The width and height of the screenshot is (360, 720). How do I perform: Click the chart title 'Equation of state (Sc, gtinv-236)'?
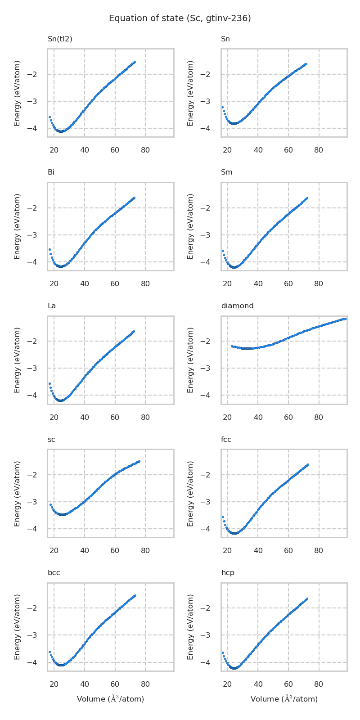[180, 18]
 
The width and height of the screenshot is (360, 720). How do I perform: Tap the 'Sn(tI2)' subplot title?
[60, 39]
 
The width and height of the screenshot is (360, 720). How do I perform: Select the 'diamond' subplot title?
[237, 306]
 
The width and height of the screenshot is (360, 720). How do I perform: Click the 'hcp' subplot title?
[228, 573]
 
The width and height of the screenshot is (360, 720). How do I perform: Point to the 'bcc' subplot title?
[54, 573]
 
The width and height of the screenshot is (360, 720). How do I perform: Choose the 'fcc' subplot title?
[226, 440]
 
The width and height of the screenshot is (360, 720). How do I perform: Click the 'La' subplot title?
[52, 306]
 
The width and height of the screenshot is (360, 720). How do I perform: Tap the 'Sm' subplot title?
[226, 172]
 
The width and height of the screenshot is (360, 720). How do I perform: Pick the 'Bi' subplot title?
[51, 172]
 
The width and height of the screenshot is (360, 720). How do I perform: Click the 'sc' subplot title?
[51, 440]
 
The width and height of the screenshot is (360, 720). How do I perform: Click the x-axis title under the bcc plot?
[110, 699]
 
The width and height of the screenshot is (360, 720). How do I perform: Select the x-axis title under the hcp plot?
[284, 699]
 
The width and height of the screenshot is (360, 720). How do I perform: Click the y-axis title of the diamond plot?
[190, 360]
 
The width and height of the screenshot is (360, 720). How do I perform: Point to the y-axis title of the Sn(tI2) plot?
[17, 93]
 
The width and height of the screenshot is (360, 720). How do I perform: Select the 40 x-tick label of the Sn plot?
[258, 150]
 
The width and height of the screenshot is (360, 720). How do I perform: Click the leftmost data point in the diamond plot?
[232, 346]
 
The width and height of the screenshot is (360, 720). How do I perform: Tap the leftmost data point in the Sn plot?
[222, 107]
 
